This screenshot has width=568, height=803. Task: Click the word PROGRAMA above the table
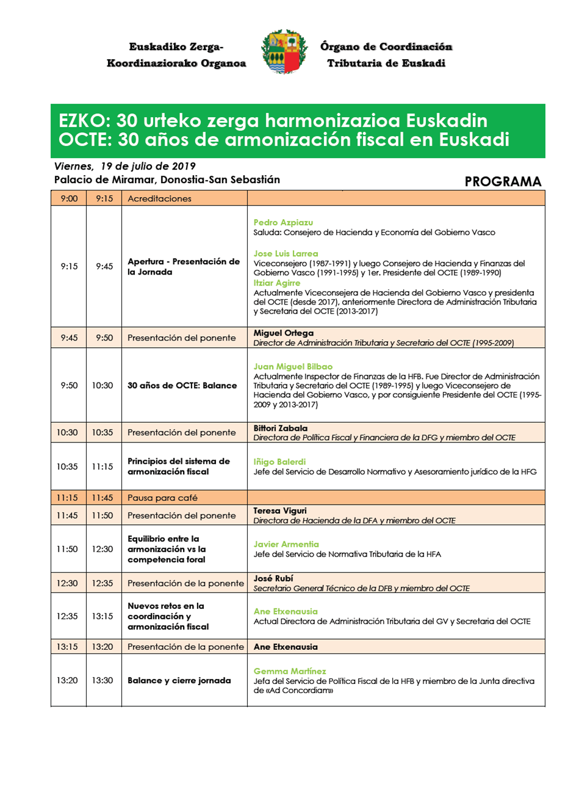[503, 181]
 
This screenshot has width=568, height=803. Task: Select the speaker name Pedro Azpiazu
[283, 222]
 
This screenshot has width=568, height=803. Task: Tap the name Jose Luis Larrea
[286, 253]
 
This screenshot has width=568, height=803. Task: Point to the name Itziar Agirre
[276, 283]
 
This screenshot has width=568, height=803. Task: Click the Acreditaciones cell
[159, 198]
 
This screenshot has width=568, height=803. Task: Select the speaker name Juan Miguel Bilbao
[293, 366]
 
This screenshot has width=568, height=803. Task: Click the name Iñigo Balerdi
[279, 461]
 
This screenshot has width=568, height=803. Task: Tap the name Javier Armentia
[286, 544]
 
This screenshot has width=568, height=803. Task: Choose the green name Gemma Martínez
[290, 671]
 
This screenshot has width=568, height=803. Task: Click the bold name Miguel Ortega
[283, 333]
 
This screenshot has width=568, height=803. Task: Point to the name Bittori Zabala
[280, 428]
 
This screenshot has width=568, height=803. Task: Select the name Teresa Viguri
[279, 510]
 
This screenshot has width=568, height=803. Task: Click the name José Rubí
[273, 578]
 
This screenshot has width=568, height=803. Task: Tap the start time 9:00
[69, 198]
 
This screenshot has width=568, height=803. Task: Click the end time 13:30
[103, 680]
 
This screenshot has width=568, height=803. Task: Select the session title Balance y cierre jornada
[179, 680]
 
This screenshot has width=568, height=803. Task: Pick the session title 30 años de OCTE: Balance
[182, 385]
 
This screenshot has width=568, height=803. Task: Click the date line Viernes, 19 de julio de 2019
[124, 166]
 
